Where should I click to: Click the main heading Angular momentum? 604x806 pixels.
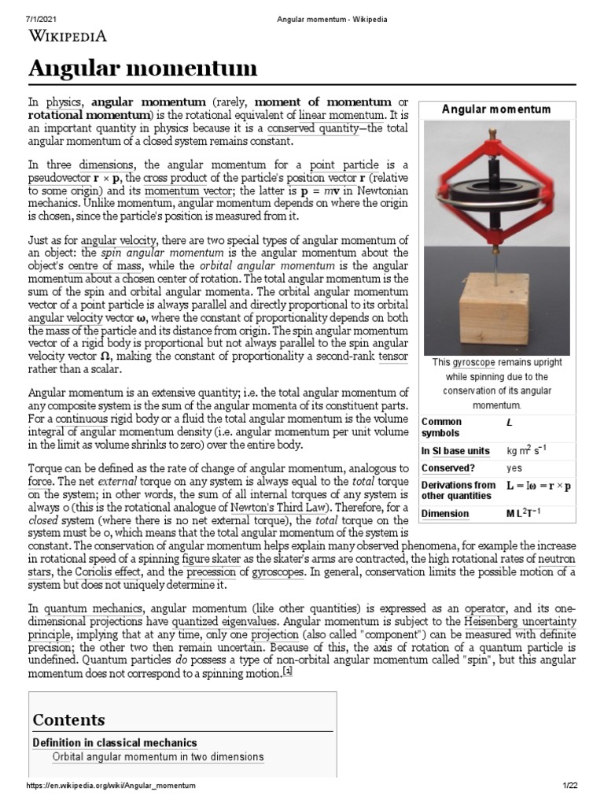point(142,69)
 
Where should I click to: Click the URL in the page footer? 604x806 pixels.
point(111,786)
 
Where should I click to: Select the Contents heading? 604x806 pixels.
point(68,719)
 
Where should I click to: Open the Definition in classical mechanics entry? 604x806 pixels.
point(115,742)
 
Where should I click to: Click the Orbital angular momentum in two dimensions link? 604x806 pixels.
point(158,757)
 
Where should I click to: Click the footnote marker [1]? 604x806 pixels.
point(288,671)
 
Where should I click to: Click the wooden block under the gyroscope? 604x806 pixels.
point(488,311)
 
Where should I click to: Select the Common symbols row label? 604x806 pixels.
point(441,427)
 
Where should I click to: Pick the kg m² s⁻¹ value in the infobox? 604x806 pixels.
point(527,450)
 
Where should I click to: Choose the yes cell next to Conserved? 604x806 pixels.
point(514,467)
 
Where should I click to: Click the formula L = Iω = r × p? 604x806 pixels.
point(539,486)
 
